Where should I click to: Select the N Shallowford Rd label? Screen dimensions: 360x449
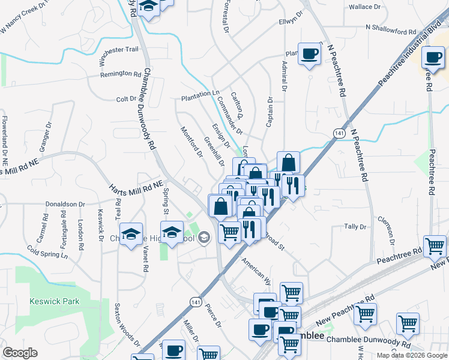click(391, 28)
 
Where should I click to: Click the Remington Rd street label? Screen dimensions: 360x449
click(121, 74)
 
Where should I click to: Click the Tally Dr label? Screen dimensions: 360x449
click(355, 227)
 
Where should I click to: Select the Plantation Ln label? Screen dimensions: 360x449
click(200, 95)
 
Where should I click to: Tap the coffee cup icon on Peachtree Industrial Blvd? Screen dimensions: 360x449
click(433, 58)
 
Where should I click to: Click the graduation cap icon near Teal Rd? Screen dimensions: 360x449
click(130, 235)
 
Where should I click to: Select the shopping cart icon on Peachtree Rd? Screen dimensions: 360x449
click(435, 245)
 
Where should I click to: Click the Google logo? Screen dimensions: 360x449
click(20, 353)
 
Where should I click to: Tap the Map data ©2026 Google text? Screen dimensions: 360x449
click(412, 355)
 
